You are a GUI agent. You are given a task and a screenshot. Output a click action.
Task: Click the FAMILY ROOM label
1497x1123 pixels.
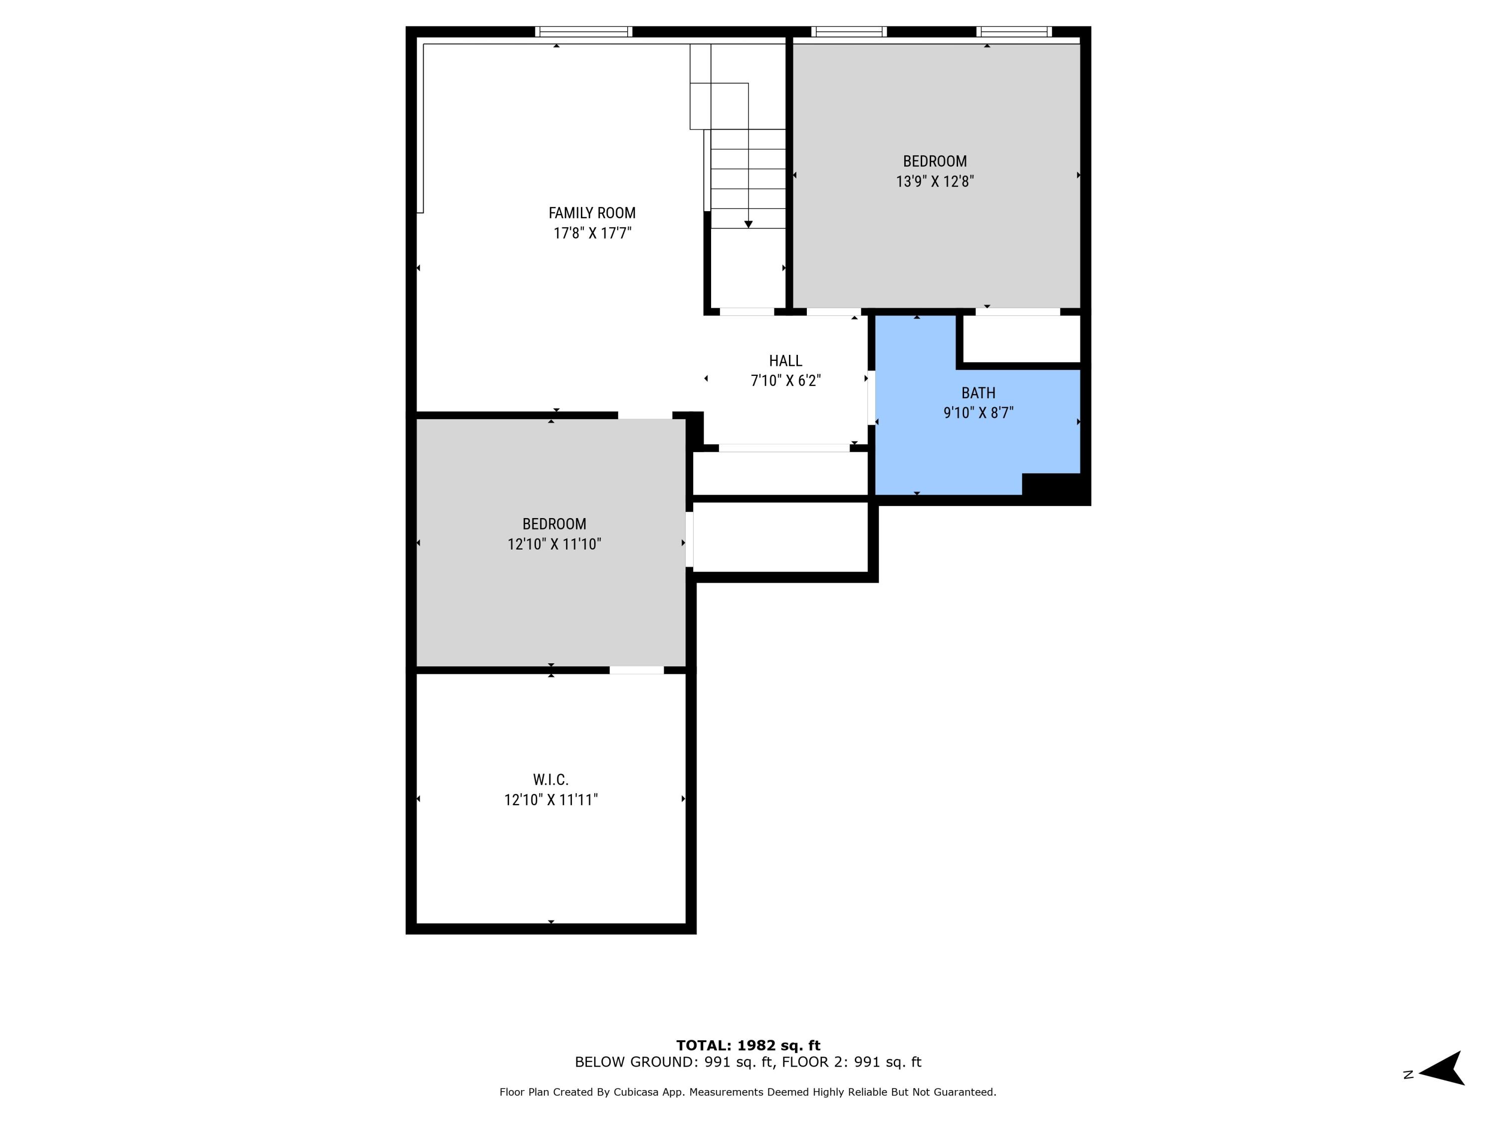(x=591, y=213)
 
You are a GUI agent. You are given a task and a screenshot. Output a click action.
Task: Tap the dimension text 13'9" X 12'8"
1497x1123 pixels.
(x=935, y=181)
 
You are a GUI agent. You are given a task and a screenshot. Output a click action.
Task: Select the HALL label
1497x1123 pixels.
(x=785, y=361)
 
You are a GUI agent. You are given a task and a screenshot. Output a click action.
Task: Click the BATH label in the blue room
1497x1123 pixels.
(x=978, y=393)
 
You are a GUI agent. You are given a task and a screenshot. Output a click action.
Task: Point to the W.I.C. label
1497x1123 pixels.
(x=550, y=780)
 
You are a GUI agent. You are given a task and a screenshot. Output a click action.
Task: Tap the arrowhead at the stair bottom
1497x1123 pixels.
(x=748, y=224)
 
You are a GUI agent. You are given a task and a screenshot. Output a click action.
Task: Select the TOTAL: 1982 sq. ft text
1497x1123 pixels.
(x=748, y=1045)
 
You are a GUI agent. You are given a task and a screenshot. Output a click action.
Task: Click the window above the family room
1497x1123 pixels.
(x=583, y=31)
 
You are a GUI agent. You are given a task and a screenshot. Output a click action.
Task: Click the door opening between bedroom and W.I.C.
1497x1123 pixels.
(x=636, y=670)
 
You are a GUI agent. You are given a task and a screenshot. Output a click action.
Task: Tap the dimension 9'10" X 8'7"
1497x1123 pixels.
(x=978, y=413)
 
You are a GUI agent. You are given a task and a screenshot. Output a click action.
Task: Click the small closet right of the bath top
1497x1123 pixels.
(x=1020, y=339)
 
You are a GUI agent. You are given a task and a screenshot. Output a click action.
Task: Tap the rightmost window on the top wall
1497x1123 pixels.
(x=1014, y=31)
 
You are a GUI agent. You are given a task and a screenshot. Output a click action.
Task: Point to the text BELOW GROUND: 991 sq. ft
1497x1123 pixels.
(x=673, y=1062)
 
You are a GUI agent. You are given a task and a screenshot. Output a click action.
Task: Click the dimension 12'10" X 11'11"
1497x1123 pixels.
(x=551, y=800)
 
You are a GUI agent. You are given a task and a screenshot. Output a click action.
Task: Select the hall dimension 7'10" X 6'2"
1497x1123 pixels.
(x=785, y=380)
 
